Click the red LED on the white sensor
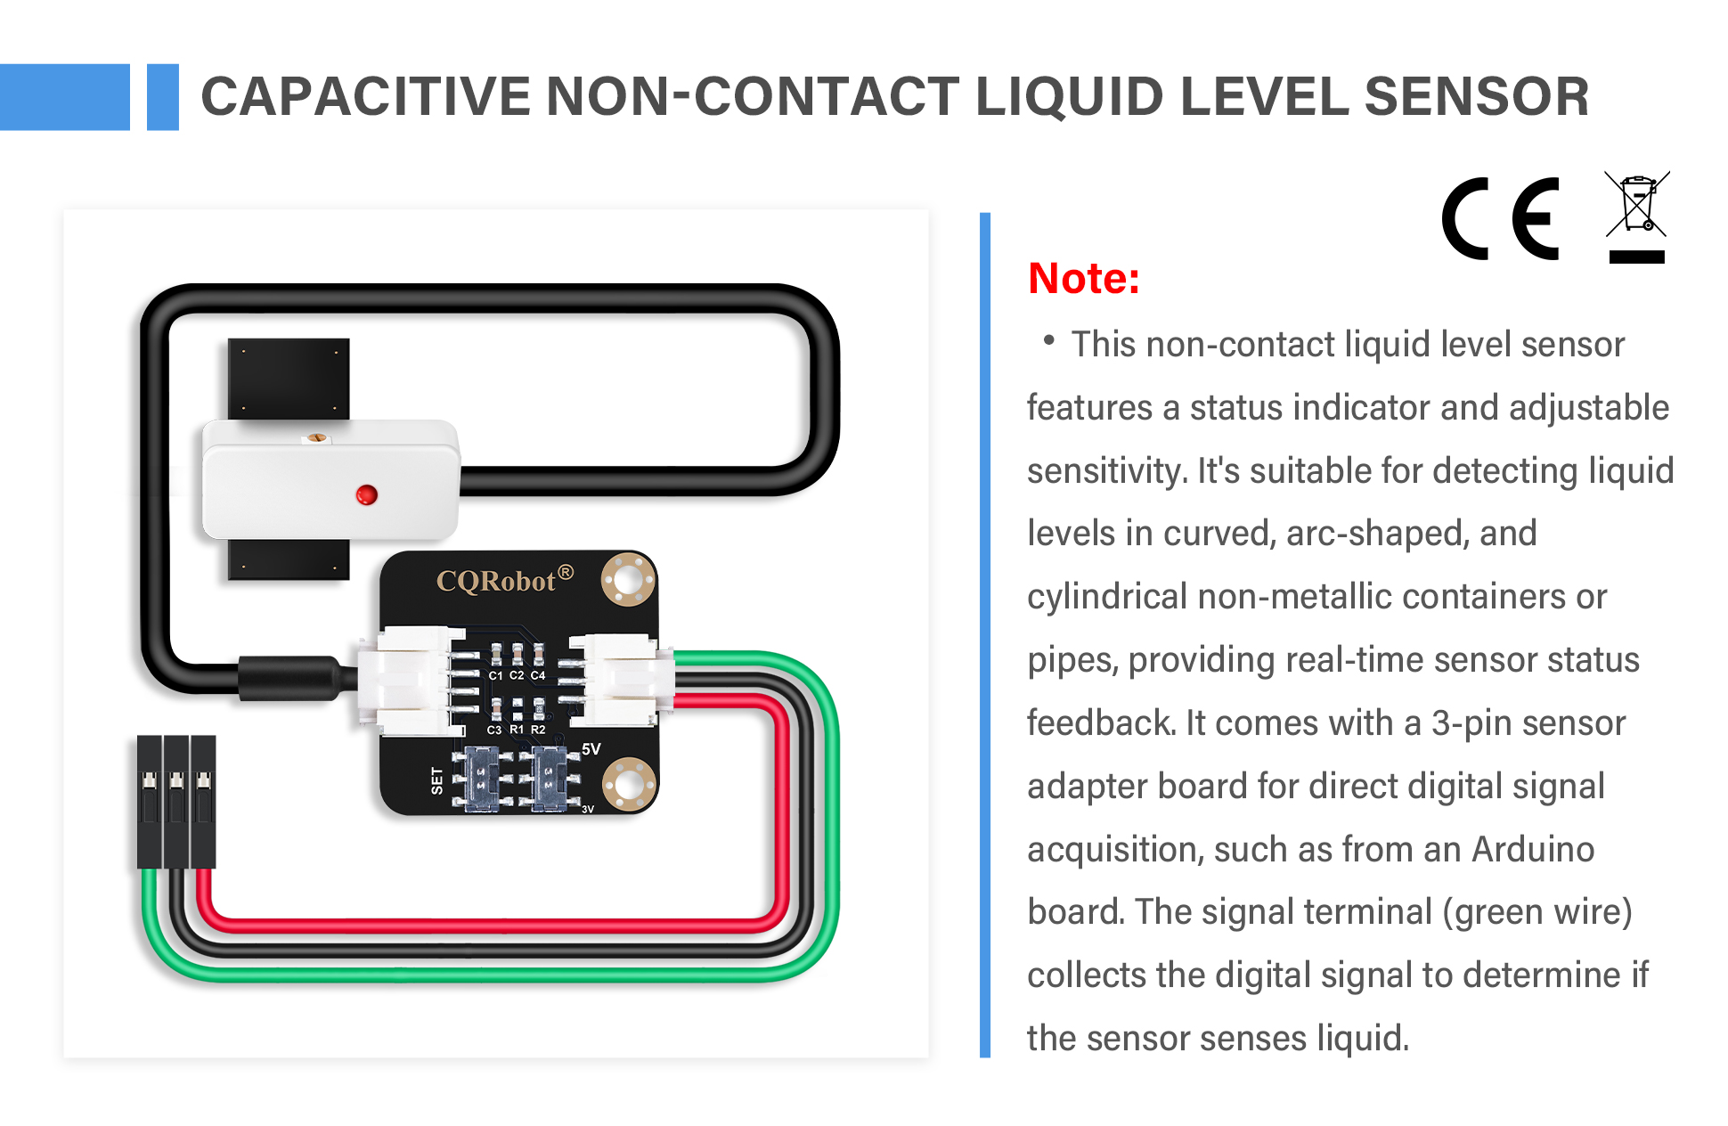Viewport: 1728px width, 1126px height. coord(366,495)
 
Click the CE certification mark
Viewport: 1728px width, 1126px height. coord(1501,219)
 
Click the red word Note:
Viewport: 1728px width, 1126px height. coord(1083,278)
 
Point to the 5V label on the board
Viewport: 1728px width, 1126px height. coord(591,749)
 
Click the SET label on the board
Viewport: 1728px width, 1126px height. coord(436,780)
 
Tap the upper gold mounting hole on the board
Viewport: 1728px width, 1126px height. coord(628,580)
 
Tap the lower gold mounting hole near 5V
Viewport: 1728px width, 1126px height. coord(629,785)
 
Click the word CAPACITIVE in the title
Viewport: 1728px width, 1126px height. coord(365,96)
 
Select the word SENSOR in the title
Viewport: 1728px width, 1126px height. coord(1476,96)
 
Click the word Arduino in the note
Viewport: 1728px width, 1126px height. coord(1532,849)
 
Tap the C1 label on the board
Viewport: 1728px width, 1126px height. coord(495,675)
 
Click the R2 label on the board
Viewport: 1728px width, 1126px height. coord(538,730)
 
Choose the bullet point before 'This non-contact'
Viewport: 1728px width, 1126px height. coord(1048,339)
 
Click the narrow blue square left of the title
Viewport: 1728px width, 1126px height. coord(162,97)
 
